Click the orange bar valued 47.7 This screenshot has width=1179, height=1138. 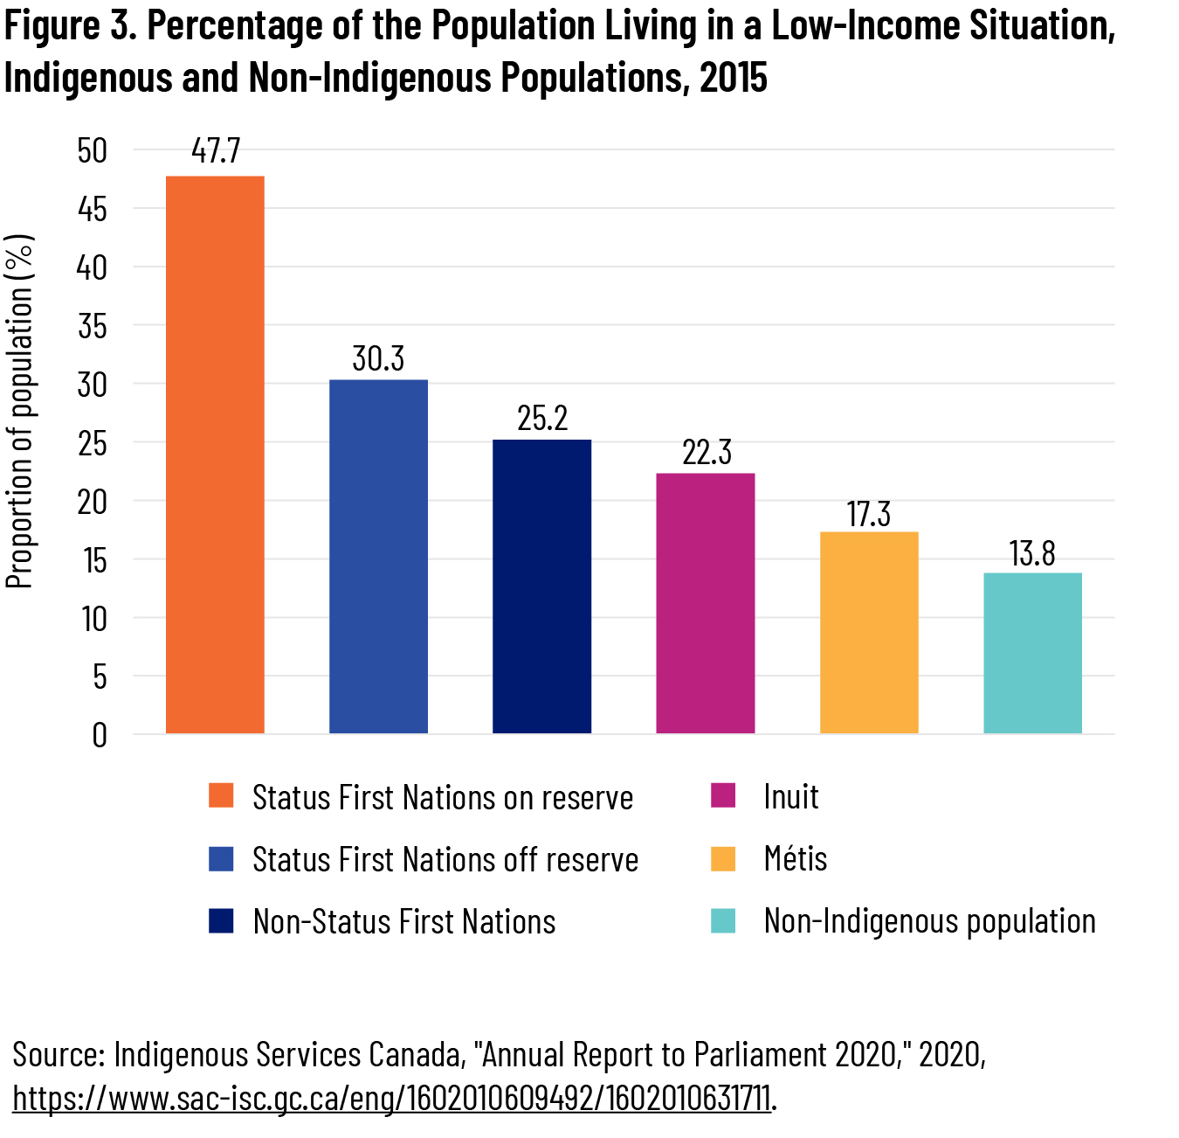(x=215, y=455)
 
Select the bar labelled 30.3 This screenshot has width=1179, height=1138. (x=378, y=556)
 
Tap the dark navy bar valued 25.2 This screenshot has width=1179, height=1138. (x=541, y=586)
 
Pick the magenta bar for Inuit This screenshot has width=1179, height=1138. (x=705, y=603)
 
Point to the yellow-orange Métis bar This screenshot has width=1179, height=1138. (x=869, y=632)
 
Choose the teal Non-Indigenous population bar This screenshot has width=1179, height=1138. (x=1032, y=653)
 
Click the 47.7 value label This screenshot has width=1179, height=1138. (x=216, y=150)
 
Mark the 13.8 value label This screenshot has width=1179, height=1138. (x=1032, y=553)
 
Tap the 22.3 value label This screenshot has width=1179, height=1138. (x=707, y=453)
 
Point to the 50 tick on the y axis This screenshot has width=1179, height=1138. (x=92, y=150)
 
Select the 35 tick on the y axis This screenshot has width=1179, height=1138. (x=92, y=326)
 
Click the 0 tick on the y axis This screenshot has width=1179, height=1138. (x=100, y=735)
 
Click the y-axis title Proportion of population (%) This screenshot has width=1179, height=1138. (x=19, y=411)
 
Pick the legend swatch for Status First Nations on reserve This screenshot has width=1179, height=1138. (x=221, y=795)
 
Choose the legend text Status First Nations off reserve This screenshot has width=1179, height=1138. (x=445, y=859)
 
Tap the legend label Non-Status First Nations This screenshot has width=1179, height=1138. (x=404, y=921)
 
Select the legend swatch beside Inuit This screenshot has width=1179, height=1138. (x=723, y=795)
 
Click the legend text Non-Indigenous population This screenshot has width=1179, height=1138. (x=929, y=920)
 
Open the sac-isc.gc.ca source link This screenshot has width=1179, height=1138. (x=391, y=1098)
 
